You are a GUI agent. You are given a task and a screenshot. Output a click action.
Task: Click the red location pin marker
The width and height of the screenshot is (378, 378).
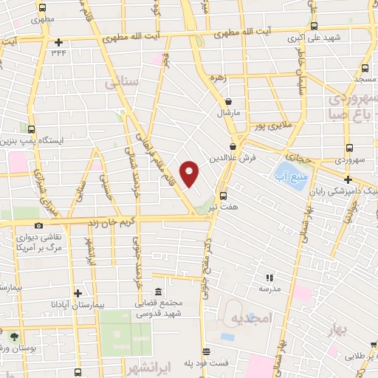point(190,173)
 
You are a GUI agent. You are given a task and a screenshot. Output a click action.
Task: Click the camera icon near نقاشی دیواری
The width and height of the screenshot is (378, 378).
point(38,225)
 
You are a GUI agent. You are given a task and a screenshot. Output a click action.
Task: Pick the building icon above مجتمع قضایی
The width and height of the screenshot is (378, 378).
point(159,292)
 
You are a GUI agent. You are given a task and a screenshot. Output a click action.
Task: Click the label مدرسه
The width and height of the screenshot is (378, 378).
point(269,289)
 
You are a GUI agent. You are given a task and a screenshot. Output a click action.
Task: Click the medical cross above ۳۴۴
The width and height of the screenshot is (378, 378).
point(58,41)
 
